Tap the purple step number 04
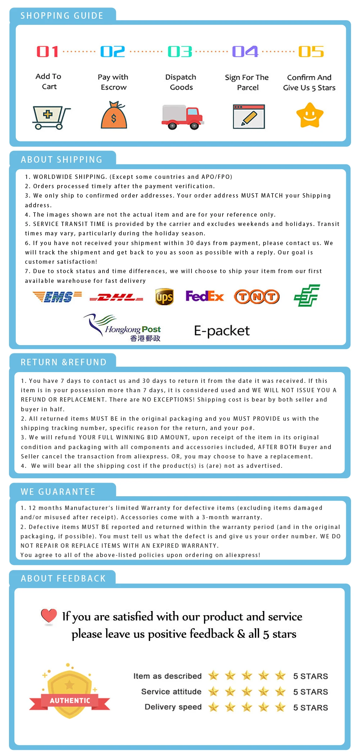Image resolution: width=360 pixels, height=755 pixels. (x=245, y=52)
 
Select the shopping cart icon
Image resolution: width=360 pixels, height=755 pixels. (x=51, y=117)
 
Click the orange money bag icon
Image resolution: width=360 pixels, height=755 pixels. (x=114, y=115)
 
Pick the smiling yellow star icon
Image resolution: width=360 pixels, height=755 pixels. (x=310, y=115)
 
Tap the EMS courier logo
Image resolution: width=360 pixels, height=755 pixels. (x=57, y=297)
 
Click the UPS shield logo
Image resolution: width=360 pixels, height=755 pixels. (x=164, y=297)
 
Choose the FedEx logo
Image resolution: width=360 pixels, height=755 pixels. (x=204, y=296)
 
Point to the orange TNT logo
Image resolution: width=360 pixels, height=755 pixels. (x=257, y=297)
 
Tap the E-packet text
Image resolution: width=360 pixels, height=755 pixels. (x=222, y=331)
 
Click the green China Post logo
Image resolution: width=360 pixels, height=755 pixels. (x=307, y=295)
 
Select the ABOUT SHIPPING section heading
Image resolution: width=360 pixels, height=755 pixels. (x=62, y=160)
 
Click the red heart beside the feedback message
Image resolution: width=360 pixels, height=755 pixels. (x=49, y=616)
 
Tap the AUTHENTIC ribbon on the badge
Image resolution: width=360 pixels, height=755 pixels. (x=70, y=701)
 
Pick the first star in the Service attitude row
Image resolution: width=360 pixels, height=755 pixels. (x=213, y=691)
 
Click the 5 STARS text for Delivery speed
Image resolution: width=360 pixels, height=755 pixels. (x=310, y=707)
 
